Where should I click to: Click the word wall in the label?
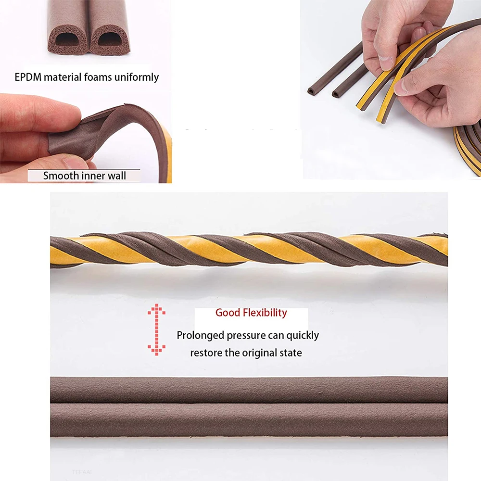coord(116,176)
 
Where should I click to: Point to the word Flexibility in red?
coord(265,313)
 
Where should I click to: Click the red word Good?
coord(228,313)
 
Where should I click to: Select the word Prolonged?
coord(200,335)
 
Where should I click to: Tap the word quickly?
coord(303,335)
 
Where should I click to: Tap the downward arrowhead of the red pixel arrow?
coord(156,350)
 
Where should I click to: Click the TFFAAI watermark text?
coord(82,472)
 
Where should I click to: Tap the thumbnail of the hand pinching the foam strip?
coord(86,139)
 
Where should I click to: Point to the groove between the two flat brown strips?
coord(249,403)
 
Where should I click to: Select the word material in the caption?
coord(63,77)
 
